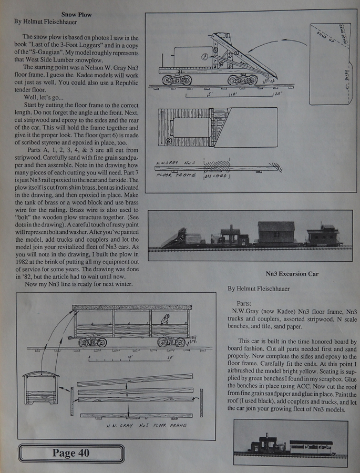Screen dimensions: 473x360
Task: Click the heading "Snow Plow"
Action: click(x=76, y=14)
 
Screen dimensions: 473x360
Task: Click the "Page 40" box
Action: click(x=71, y=453)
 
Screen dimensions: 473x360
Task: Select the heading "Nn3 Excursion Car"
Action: click(x=292, y=274)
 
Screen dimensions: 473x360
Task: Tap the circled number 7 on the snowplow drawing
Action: click(x=203, y=55)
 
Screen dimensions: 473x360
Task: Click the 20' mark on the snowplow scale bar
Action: click(x=277, y=95)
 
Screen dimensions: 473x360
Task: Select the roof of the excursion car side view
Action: click(x=131, y=307)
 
